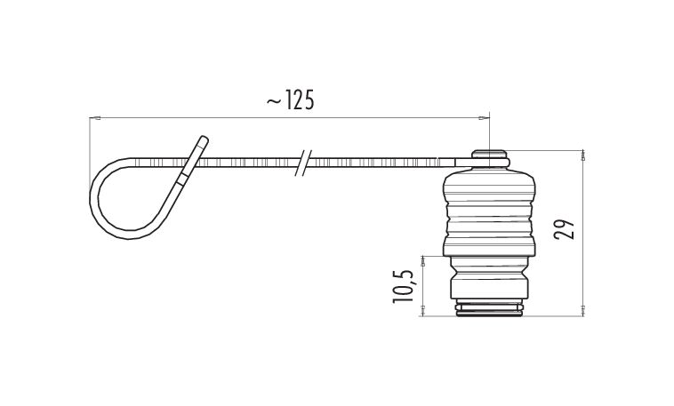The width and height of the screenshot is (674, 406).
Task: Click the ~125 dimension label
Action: (x=291, y=100)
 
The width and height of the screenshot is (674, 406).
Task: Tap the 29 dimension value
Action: (x=564, y=229)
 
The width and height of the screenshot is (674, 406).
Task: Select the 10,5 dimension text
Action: (x=403, y=287)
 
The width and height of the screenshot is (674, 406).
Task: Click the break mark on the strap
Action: (x=304, y=163)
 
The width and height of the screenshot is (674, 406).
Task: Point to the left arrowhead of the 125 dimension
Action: (x=95, y=117)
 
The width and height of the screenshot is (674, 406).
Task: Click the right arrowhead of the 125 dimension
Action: (x=484, y=117)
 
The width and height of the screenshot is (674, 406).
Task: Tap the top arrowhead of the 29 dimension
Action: (x=583, y=155)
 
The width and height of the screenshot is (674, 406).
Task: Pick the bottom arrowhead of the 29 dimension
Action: (x=583, y=311)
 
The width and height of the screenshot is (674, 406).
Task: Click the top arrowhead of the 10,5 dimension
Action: (x=423, y=262)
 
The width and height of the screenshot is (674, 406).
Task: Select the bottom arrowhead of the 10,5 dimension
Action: (x=423, y=311)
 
